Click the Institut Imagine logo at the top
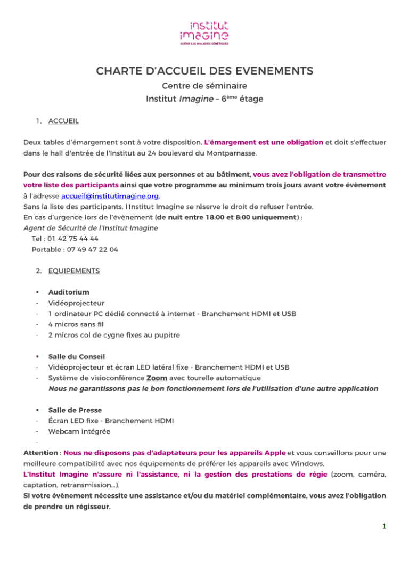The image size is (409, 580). (204, 33)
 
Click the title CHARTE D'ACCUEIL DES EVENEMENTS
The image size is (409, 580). (204, 71)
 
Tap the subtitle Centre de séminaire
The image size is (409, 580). (204, 85)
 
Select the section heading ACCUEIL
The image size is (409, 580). (63, 121)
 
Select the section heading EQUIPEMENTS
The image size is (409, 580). (73, 271)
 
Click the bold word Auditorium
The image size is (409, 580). (69, 292)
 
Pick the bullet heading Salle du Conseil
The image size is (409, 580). (77, 356)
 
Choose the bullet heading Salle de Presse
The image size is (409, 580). (75, 410)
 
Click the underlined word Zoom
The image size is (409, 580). (157, 378)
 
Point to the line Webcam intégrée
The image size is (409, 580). (79, 431)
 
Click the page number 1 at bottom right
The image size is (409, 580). (384, 526)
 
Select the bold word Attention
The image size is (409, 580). (40, 453)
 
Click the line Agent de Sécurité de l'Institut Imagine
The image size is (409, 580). (91, 228)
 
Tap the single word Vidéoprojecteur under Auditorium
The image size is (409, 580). (76, 303)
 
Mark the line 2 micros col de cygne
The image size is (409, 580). (113, 335)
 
